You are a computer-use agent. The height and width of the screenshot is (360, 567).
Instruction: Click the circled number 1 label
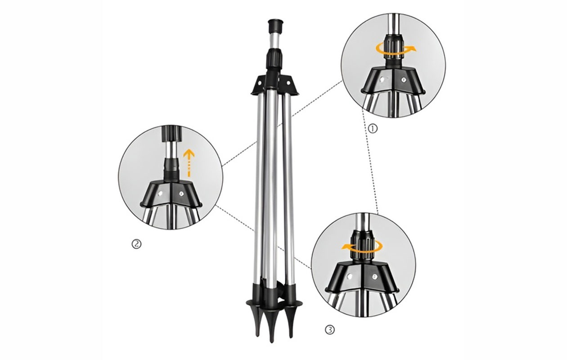373,128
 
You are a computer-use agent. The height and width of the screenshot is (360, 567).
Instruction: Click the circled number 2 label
136,244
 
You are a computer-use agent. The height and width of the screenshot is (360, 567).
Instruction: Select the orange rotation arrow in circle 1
395,48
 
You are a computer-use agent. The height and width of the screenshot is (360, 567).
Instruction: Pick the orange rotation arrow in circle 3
362,246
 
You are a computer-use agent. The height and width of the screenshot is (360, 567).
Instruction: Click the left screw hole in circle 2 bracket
161,194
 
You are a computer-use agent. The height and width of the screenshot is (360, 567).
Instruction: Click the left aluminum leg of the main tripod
258,189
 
